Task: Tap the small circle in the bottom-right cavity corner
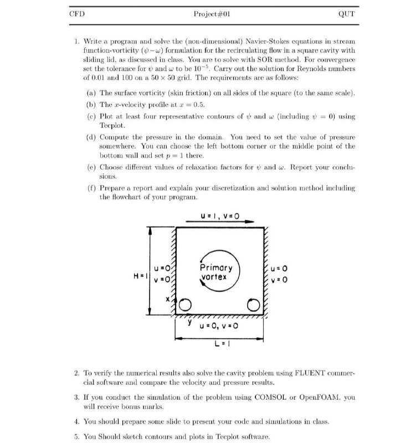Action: point(254,304)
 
